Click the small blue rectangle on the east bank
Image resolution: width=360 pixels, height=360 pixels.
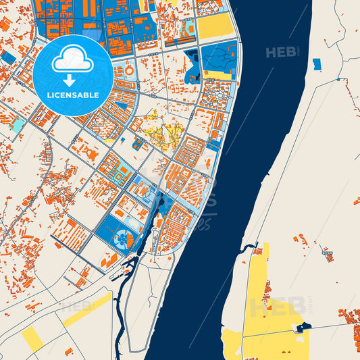point(317,64)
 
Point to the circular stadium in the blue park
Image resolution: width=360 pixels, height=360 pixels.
point(123,237)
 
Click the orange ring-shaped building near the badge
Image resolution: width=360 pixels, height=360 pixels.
point(129,71)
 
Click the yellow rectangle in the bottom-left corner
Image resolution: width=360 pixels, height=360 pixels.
point(32,338)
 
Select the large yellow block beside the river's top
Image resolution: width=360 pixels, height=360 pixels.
point(215,26)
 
